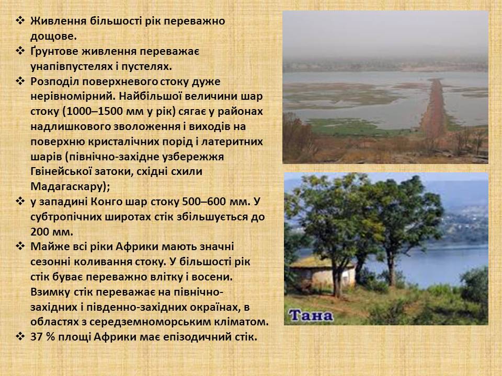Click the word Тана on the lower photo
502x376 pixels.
coord(311,315)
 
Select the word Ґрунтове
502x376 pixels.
coord(54,52)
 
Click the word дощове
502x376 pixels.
coord(53,36)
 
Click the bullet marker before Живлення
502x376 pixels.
coord(20,21)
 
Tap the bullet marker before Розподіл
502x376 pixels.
coord(20,81)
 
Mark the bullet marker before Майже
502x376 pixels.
coord(20,246)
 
